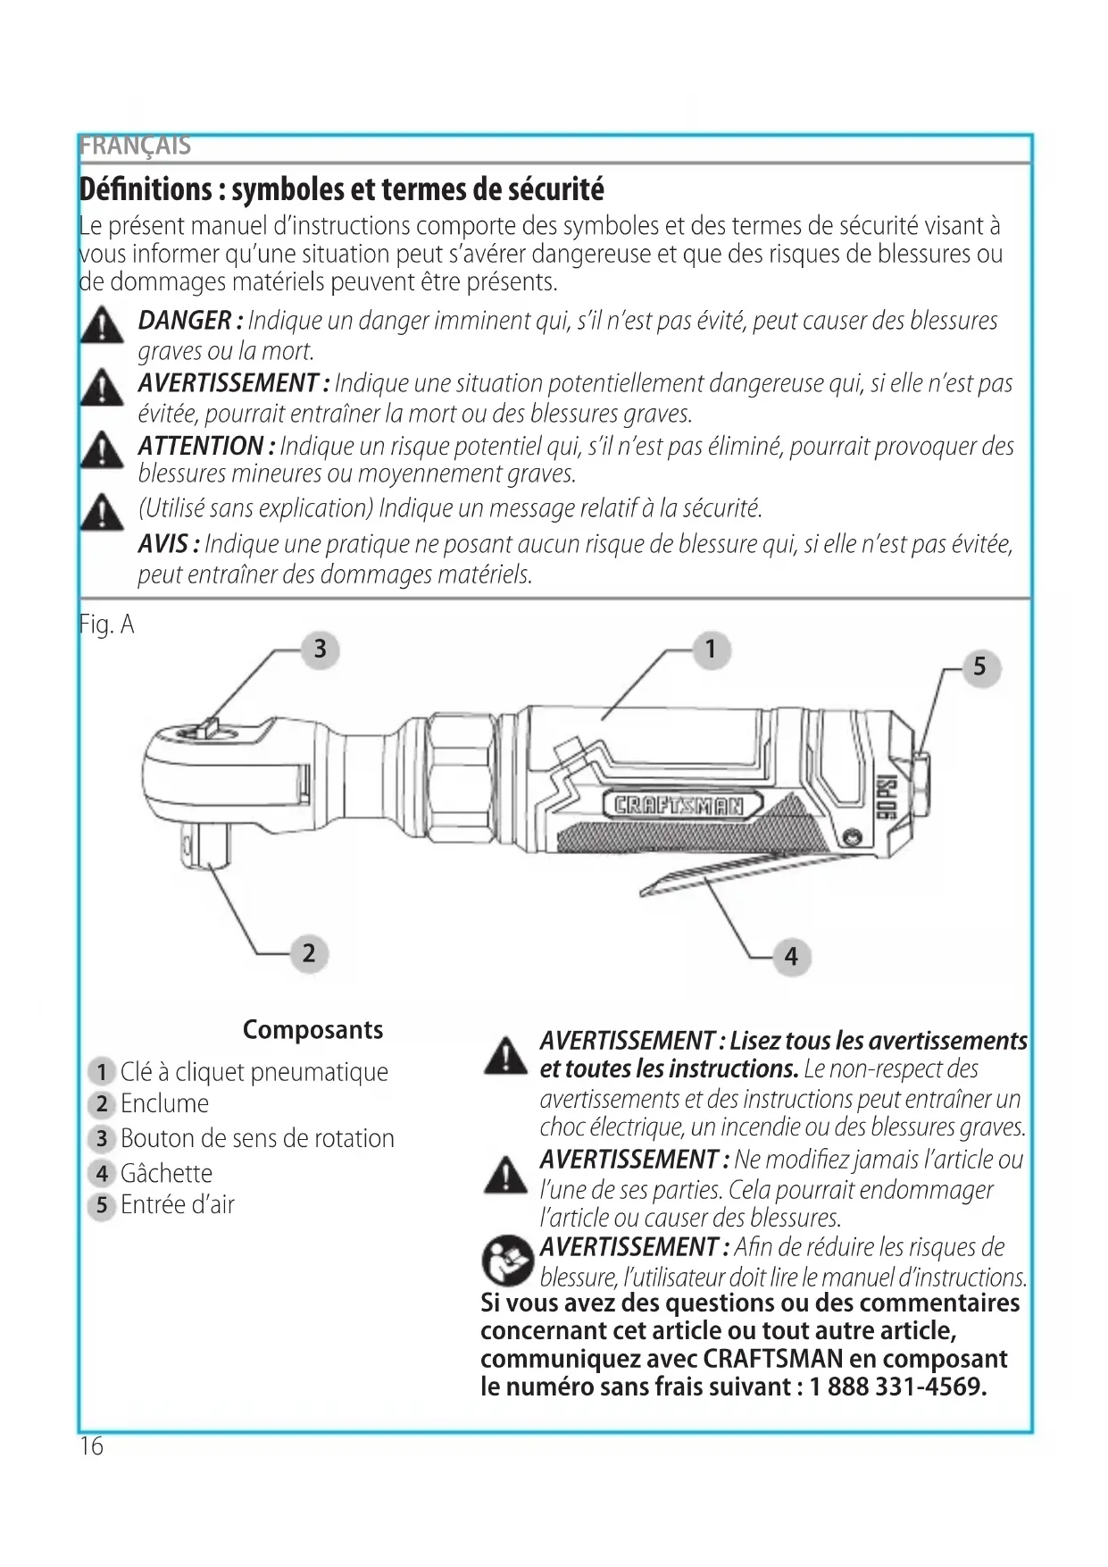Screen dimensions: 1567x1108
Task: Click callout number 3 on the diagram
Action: [x=321, y=649]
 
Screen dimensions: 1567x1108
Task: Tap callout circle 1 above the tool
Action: [x=711, y=649]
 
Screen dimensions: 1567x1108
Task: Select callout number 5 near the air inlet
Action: [x=979, y=666]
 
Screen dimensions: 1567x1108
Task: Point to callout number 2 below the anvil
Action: [x=309, y=952]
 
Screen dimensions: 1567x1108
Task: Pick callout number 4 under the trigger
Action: [x=791, y=956]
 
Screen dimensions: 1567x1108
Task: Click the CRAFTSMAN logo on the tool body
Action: [x=680, y=806]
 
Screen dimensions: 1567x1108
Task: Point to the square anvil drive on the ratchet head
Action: [x=206, y=843]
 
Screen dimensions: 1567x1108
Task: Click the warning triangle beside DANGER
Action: [x=102, y=325]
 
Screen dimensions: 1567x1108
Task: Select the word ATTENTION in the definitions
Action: [x=201, y=446]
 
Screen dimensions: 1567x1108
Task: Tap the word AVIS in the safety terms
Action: [x=163, y=544]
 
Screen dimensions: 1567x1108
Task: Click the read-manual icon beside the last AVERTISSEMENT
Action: [x=506, y=1260]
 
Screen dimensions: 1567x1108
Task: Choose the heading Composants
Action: [x=312, y=1029]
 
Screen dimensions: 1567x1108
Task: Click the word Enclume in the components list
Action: [x=164, y=1104]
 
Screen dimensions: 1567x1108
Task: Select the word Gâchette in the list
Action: [x=166, y=1173]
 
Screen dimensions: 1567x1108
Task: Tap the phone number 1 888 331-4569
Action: [x=897, y=1387]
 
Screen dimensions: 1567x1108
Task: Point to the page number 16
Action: [x=91, y=1445]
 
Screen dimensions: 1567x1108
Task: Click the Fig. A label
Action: [x=106, y=624]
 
